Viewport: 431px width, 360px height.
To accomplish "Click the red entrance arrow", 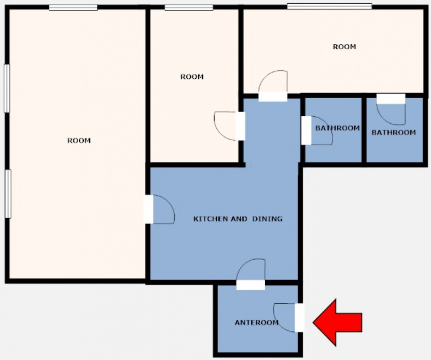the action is pyautogui.click(x=338, y=323).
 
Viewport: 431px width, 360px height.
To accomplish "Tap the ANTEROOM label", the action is pyautogui.click(x=257, y=323).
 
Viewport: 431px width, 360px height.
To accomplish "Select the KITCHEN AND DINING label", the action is pyautogui.click(x=238, y=219).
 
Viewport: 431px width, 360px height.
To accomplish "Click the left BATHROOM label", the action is pyautogui.click(x=337, y=128).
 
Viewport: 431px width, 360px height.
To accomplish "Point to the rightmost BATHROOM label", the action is pyautogui.click(x=394, y=132).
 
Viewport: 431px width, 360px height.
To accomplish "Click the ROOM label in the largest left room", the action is pyautogui.click(x=79, y=141).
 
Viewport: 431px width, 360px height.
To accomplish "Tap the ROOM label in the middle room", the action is pyautogui.click(x=192, y=77).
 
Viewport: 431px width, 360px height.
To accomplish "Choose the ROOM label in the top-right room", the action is pyautogui.click(x=344, y=47).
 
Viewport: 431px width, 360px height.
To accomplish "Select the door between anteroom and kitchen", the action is pyautogui.click(x=251, y=274).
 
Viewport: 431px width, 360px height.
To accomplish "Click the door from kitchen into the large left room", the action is pyautogui.click(x=159, y=209).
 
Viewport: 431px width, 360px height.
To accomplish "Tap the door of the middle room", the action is pyautogui.click(x=229, y=126).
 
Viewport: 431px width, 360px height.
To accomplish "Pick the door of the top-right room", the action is pyautogui.click(x=273, y=86).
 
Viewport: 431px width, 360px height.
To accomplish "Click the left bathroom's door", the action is pyautogui.click(x=317, y=131).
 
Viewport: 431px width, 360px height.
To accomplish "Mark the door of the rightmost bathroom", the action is pyautogui.click(x=391, y=109).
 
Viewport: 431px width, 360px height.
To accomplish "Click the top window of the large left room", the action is pyautogui.click(x=73, y=8).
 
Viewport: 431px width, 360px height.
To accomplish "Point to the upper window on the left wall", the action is pyautogui.click(x=7, y=88).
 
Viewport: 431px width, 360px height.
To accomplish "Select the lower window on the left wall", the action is pyautogui.click(x=8, y=194).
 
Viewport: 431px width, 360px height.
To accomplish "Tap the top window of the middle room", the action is pyautogui.click(x=189, y=8).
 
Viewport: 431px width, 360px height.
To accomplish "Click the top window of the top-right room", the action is pyautogui.click(x=330, y=6).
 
